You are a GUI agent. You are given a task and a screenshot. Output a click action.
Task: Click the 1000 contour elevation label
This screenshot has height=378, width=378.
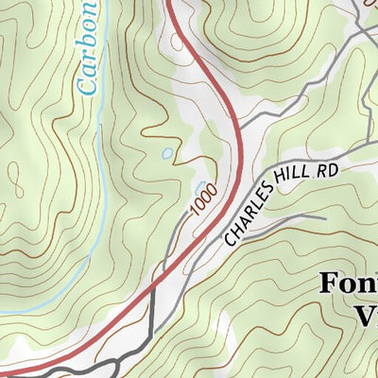(x=203, y=198)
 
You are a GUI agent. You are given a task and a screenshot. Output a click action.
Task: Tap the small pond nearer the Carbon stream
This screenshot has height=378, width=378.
(x=167, y=152)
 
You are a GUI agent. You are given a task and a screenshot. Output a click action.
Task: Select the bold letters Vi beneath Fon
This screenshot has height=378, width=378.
(x=364, y=314)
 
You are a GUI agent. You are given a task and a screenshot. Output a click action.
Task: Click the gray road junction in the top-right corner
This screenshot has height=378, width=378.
(x=364, y=24)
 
